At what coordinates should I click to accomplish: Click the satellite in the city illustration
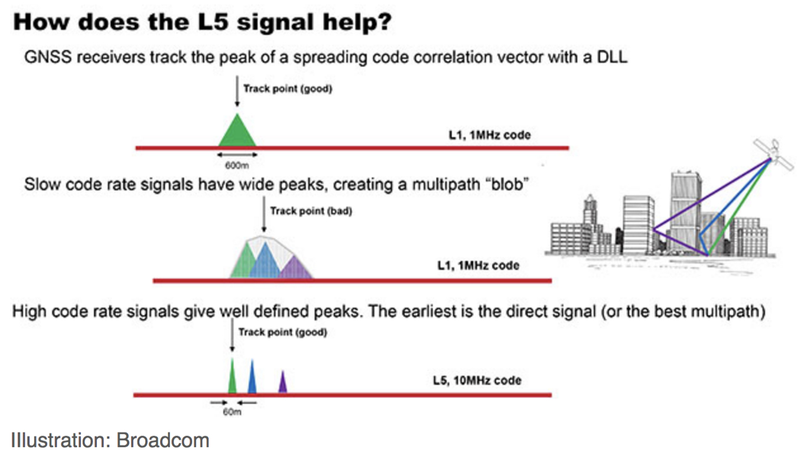coord(773,154)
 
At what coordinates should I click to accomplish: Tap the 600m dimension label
coord(237,165)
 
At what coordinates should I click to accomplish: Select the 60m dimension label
coord(232,412)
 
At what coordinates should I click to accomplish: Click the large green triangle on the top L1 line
coord(237,132)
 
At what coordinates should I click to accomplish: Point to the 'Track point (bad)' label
coord(311,211)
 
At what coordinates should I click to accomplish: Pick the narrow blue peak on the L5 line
coord(252,377)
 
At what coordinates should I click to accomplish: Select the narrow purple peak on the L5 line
coord(283,382)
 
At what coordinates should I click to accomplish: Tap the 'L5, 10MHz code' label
coord(477,381)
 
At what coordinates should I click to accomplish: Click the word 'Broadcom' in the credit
coord(163,440)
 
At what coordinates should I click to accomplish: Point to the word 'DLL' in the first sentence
coord(612,57)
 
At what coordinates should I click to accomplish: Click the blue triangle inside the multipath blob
coord(265,262)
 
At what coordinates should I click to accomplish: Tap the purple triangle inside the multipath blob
coord(295,268)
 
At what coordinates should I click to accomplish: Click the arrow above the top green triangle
coord(237,91)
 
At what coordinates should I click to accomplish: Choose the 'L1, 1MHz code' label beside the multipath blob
coord(478,266)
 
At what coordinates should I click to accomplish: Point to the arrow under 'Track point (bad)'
coord(263,214)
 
